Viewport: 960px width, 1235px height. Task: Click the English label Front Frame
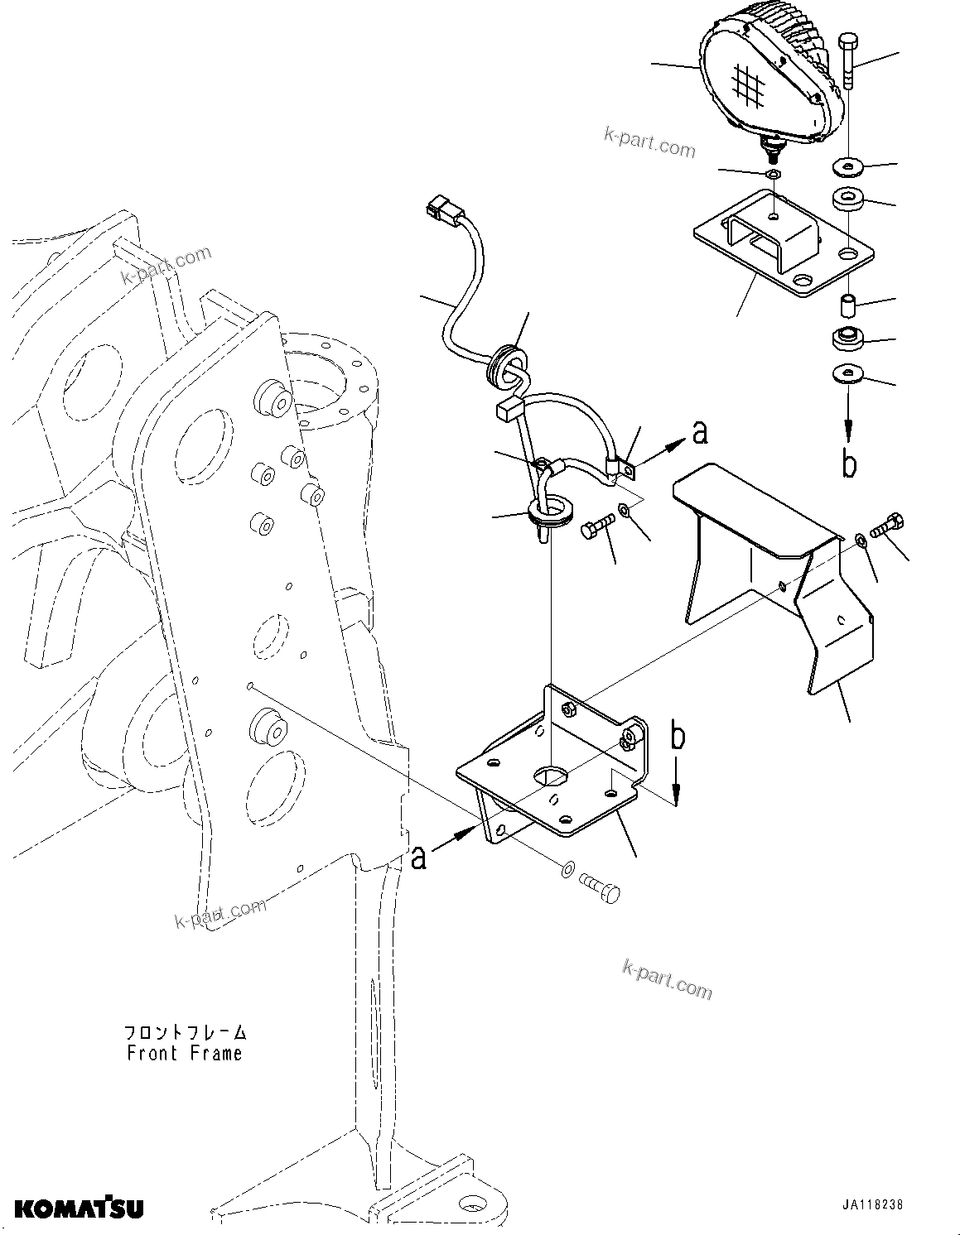click(185, 1054)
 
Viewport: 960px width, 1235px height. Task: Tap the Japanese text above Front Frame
click(185, 1032)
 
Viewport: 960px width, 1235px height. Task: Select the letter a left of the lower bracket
click(419, 858)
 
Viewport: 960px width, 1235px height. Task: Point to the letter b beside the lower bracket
click(678, 736)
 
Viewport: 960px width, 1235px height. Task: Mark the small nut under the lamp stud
click(772, 174)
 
